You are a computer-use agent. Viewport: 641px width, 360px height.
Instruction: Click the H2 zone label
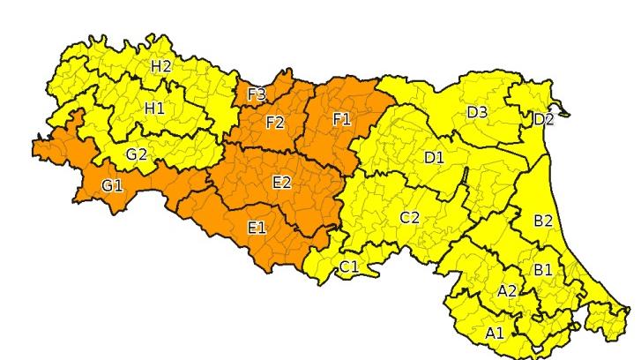pos(161,66)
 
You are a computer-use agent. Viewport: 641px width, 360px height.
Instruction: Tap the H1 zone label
pos(154,108)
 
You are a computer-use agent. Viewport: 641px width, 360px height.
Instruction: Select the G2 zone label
pos(136,154)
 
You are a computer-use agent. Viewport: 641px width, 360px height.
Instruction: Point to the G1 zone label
pos(112,187)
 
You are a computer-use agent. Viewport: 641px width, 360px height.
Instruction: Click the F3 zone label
pos(257,94)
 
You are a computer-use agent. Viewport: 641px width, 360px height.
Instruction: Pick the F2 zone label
pos(274,122)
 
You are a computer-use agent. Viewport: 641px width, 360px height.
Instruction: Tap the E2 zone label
pos(282,183)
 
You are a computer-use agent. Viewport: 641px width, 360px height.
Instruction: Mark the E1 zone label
pos(257,229)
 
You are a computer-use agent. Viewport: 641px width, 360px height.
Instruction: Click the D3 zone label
pos(477,112)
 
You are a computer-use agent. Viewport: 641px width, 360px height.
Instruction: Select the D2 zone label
pos(544,119)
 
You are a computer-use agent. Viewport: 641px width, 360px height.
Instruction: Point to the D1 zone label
pos(434,158)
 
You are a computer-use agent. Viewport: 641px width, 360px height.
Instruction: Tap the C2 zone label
pos(409,217)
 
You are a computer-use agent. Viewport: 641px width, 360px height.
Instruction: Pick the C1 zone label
pos(349,266)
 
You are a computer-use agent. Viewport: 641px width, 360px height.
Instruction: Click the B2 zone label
pos(543,221)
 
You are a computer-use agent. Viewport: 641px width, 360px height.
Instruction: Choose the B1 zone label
pos(542,270)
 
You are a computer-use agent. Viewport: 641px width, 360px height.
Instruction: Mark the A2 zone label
pos(507,291)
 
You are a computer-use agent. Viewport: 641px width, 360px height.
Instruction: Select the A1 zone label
pos(495,333)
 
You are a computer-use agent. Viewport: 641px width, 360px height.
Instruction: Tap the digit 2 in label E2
pos(287,183)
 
